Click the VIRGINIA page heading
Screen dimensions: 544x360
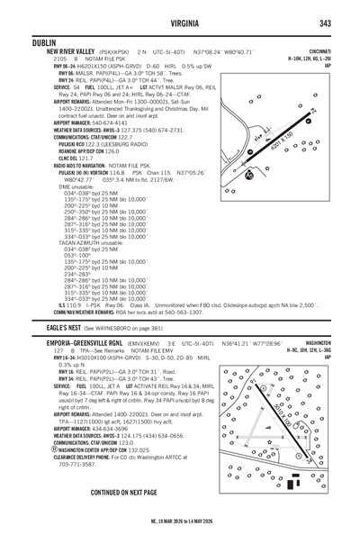[x=180, y=23]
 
